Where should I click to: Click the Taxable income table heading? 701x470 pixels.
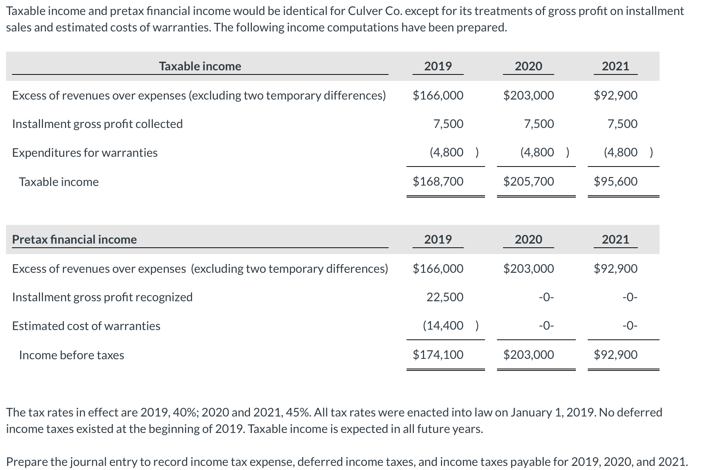tap(200, 66)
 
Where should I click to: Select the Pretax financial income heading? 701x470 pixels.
tap(74, 239)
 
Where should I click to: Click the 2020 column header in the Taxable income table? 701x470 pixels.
tap(528, 66)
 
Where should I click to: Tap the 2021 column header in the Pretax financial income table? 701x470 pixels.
tap(615, 239)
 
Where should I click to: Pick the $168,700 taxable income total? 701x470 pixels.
tap(438, 181)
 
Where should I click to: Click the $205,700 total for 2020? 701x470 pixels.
tap(529, 181)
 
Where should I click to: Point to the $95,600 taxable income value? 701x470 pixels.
tap(616, 181)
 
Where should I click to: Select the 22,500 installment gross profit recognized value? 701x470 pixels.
tap(445, 297)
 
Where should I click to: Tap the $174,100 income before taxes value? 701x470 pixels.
tap(438, 354)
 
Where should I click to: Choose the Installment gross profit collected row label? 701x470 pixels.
tap(98, 124)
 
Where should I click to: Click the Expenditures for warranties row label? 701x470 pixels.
tap(85, 153)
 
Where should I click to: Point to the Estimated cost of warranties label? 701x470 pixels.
tap(86, 326)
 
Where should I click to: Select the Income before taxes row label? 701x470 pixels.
tap(71, 355)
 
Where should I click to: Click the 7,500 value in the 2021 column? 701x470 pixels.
tap(623, 124)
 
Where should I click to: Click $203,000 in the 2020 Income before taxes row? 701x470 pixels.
tap(529, 354)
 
